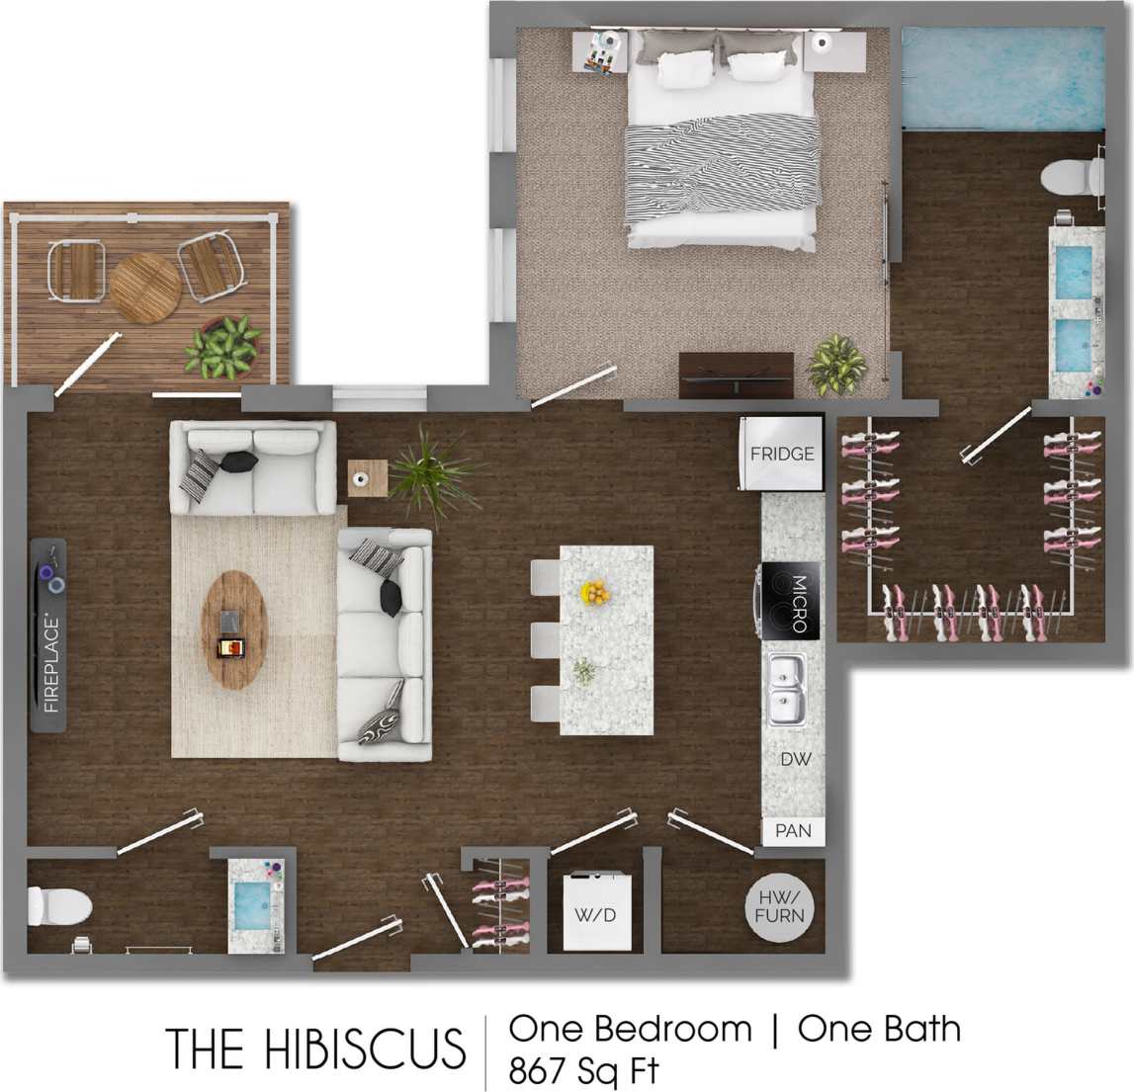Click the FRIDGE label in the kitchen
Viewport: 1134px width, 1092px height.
781,454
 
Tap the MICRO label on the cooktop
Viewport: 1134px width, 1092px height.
799,602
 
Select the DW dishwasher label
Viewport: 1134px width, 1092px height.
795,759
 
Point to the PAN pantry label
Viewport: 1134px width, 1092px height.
793,831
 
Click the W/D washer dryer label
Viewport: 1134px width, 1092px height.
595,915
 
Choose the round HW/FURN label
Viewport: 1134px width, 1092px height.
780,907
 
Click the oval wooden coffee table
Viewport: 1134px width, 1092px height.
233,629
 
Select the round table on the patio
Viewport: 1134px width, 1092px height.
145,288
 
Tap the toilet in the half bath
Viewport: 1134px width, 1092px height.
58,903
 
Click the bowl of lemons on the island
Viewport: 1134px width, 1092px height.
596,593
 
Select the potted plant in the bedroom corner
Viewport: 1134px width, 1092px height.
836,366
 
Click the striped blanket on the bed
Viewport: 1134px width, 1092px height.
722,163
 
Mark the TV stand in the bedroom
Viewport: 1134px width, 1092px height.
736,375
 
